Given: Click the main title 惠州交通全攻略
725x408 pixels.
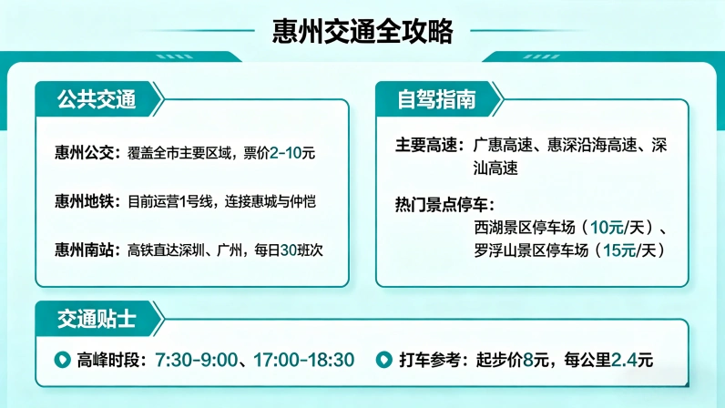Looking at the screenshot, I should tap(362, 32).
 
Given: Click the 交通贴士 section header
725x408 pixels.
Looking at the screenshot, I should tap(96, 319).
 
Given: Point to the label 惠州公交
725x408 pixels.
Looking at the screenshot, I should tap(86, 153).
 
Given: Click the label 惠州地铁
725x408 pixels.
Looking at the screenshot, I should tap(86, 200).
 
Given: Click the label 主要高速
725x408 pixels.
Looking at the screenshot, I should tap(429, 146).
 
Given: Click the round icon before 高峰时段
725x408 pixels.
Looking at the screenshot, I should tap(63, 360).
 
